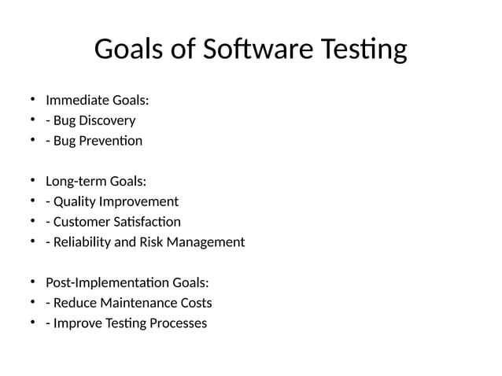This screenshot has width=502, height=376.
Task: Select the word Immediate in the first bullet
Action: (x=77, y=101)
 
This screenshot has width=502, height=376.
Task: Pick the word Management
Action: (x=206, y=242)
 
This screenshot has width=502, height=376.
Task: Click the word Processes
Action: (x=178, y=323)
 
